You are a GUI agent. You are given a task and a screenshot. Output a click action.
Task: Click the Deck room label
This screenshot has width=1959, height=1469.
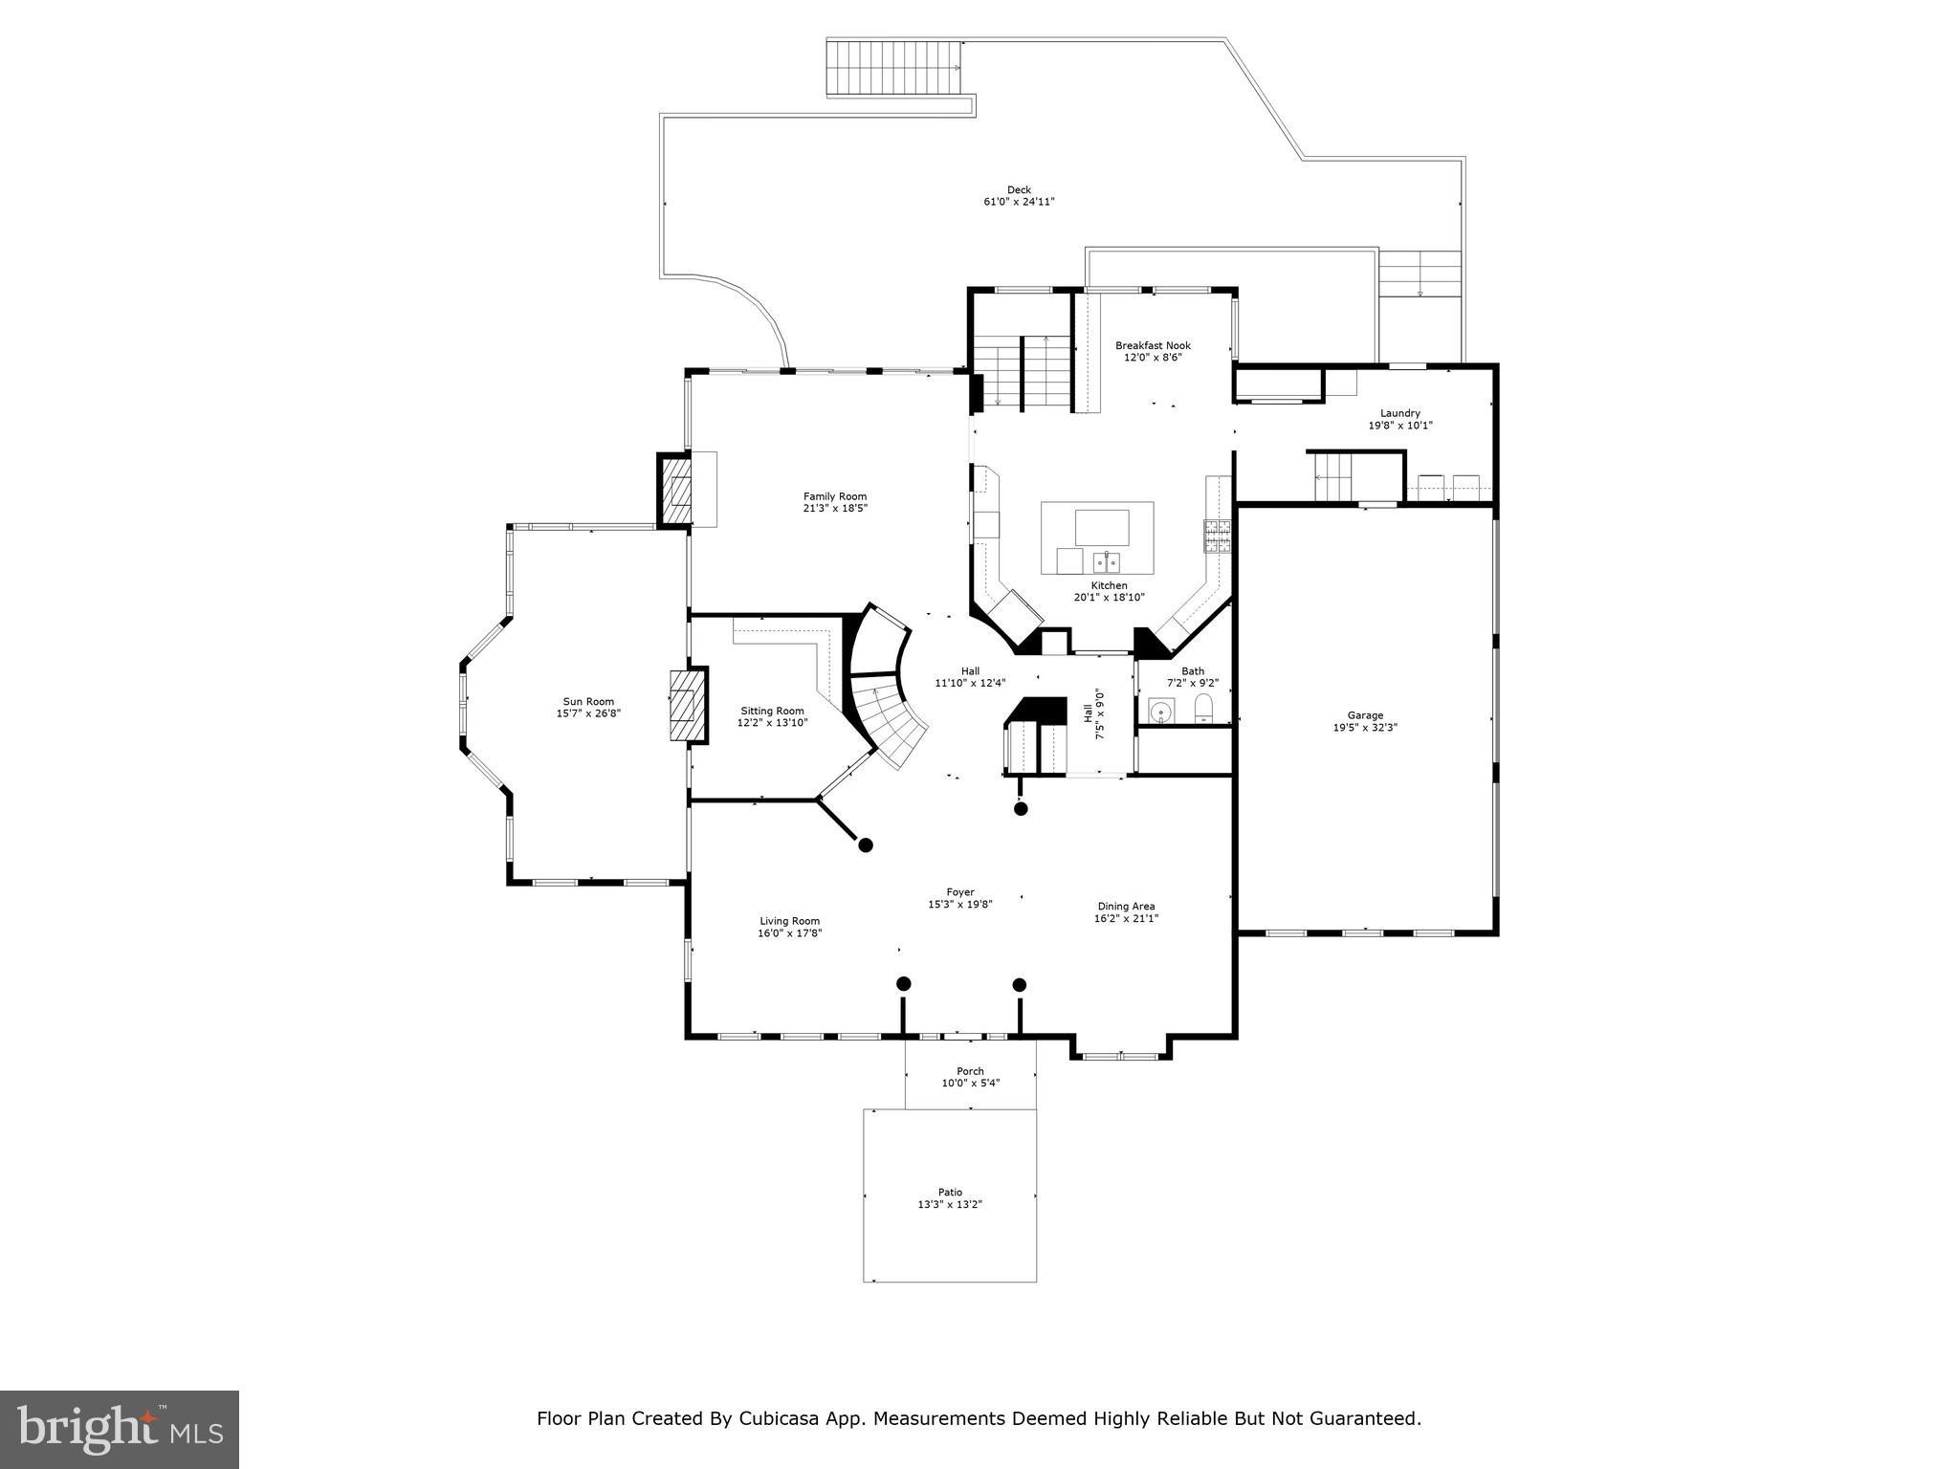pyautogui.click(x=1019, y=189)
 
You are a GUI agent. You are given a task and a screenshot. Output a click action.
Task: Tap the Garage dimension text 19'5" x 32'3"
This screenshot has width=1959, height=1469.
pyautogui.click(x=1365, y=727)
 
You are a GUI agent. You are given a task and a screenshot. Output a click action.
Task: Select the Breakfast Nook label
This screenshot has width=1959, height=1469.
pyautogui.click(x=1153, y=345)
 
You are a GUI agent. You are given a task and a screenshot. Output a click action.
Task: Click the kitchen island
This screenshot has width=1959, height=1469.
pyautogui.click(x=1097, y=537)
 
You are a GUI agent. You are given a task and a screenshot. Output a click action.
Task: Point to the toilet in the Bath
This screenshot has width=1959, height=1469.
pyautogui.click(x=1203, y=709)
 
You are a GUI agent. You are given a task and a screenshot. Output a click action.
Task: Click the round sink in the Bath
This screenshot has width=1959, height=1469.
pyautogui.click(x=1161, y=712)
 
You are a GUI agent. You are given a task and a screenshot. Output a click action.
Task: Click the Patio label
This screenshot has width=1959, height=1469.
pyautogui.click(x=950, y=1192)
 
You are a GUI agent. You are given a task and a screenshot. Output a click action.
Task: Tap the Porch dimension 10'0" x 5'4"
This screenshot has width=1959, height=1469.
pyautogui.click(x=970, y=1084)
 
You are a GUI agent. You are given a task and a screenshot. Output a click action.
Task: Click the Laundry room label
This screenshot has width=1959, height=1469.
pyautogui.click(x=1399, y=413)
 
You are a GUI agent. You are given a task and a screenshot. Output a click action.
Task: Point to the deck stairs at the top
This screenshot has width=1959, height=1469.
pyautogui.click(x=893, y=68)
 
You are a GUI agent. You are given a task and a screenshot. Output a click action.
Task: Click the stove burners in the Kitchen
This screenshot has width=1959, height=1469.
pyautogui.click(x=1217, y=537)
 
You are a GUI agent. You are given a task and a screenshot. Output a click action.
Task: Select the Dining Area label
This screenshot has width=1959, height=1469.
pyautogui.click(x=1126, y=906)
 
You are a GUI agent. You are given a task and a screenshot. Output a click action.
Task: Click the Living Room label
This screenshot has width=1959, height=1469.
pyautogui.click(x=789, y=921)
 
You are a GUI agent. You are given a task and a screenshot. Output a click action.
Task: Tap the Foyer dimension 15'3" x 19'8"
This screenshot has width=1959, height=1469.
pyautogui.click(x=959, y=904)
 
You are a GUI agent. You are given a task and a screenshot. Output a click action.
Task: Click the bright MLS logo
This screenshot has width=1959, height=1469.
pyautogui.click(x=120, y=1430)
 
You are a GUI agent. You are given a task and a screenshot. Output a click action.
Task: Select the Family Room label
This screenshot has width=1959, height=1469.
pyautogui.click(x=834, y=495)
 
